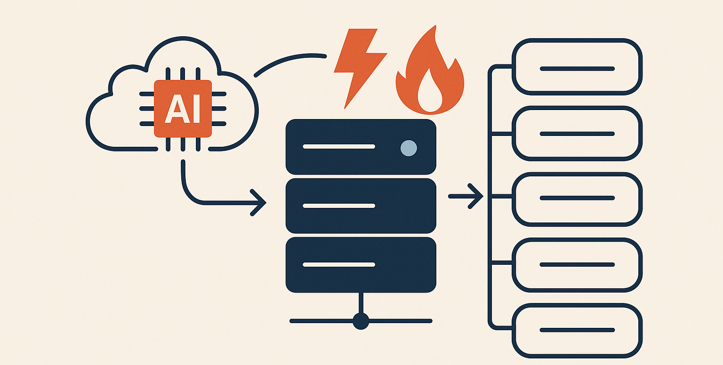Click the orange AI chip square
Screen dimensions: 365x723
(x=183, y=109)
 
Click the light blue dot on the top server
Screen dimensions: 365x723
(x=408, y=148)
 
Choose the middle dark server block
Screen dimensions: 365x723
(x=361, y=206)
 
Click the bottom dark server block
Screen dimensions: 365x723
(x=361, y=265)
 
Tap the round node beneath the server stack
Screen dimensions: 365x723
(x=361, y=321)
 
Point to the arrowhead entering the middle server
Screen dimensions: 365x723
(x=259, y=203)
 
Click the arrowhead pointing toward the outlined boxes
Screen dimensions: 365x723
(x=476, y=196)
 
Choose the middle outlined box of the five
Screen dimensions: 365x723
(x=577, y=198)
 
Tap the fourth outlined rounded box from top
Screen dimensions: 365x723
(x=577, y=264)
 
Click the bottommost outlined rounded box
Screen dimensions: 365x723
(x=577, y=330)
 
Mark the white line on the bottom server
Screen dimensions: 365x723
(x=339, y=265)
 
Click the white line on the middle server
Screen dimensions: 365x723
(x=339, y=206)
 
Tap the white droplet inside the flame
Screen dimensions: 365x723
(x=430, y=94)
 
